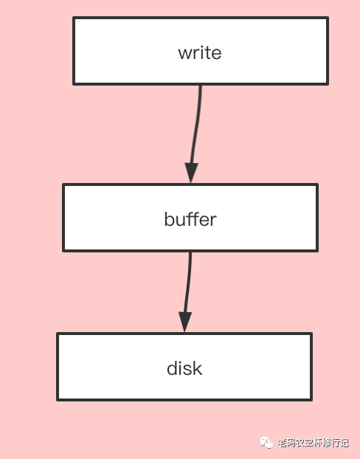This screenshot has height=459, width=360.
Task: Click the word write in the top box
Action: (x=200, y=52)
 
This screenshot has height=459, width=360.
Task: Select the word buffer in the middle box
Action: (x=190, y=219)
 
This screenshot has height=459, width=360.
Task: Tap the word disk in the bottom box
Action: (x=184, y=368)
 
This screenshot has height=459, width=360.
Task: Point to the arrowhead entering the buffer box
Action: (x=191, y=172)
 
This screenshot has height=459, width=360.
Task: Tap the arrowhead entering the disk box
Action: (x=185, y=322)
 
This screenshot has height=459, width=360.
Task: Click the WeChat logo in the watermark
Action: (x=266, y=443)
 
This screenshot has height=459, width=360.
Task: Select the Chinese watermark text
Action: (x=313, y=443)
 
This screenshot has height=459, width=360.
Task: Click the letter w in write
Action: (x=184, y=54)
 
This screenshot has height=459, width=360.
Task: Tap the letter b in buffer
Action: (x=169, y=219)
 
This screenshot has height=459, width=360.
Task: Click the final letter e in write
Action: (x=216, y=54)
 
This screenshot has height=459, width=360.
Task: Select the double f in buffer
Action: (x=193, y=218)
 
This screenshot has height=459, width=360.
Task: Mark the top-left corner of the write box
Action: (x=74, y=18)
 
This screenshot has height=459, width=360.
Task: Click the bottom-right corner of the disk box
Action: (x=311, y=400)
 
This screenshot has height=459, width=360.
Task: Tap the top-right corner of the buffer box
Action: (x=317, y=184)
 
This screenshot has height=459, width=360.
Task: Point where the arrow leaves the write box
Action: (x=201, y=85)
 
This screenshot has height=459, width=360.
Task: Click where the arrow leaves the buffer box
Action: (x=191, y=252)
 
